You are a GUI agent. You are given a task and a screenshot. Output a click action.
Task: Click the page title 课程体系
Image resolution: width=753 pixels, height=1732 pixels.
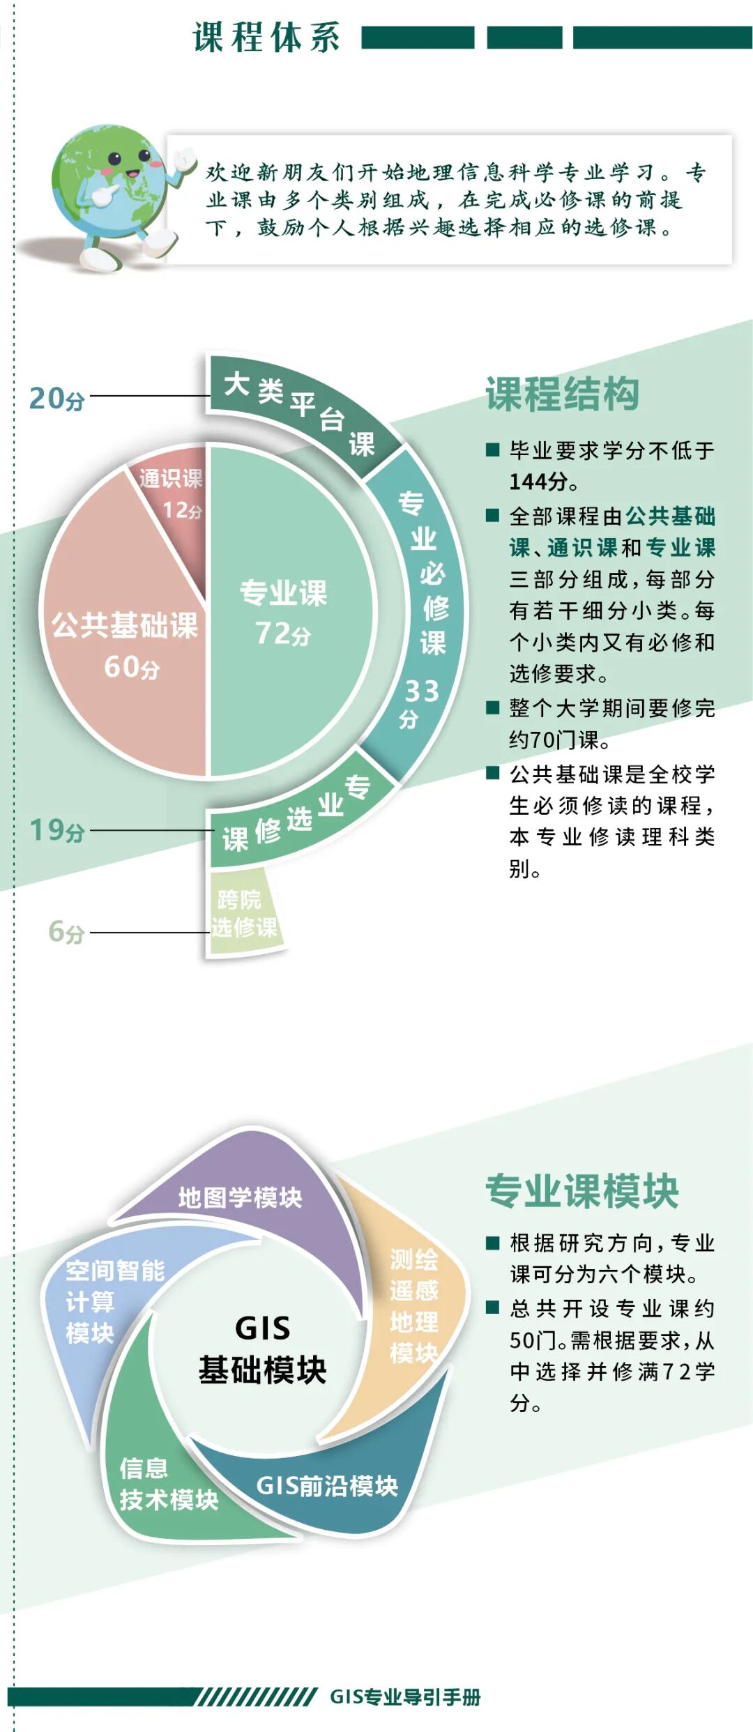pos(266,38)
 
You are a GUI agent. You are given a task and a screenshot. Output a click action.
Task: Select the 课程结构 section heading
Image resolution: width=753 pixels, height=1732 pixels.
pos(562,394)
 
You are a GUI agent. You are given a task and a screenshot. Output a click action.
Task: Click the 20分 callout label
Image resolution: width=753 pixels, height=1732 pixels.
pos(56,398)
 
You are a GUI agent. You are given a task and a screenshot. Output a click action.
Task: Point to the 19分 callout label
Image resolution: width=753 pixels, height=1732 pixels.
pos(56,830)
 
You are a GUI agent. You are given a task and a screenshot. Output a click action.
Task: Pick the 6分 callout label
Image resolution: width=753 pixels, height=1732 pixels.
pos(66,932)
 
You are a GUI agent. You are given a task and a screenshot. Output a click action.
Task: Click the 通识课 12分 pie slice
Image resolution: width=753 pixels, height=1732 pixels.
pos(172,502)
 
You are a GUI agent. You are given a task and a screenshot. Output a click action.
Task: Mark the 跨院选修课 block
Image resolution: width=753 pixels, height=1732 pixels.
pos(243,913)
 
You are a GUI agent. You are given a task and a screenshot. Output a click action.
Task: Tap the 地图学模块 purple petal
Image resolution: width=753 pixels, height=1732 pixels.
pos(241,1197)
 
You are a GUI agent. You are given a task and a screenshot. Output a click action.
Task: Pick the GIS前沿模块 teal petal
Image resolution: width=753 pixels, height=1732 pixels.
pos(328,1486)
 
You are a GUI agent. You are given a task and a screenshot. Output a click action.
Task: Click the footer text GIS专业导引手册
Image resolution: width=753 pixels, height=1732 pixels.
pos(405,1697)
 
